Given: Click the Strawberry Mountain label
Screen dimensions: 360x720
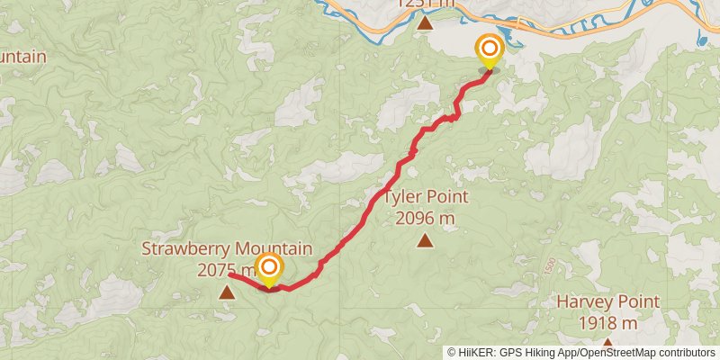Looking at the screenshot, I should [x=227, y=249].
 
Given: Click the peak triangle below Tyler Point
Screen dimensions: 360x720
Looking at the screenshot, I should [x=425, y=240].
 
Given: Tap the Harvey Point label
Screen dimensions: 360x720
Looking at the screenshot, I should [x=607, y=302].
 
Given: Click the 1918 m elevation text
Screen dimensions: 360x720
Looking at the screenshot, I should [x=607, y=322].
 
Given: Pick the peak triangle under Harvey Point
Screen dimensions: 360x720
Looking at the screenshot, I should [x=608, y=343].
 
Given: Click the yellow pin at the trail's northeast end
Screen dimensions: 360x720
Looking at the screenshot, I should [x=490, y=50].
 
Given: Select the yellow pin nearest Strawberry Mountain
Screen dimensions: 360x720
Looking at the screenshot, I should [x=268, y=268].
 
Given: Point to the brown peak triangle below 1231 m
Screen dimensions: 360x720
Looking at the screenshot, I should [x=425, y=23].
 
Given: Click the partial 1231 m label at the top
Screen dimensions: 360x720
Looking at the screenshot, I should [x=425, y=4].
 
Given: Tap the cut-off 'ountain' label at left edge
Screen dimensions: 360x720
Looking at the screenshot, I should [x=22, y=58].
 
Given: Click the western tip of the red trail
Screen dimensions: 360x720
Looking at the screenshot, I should [x=230, y=274].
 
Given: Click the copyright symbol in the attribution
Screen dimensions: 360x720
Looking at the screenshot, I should [x=453, y=353].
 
